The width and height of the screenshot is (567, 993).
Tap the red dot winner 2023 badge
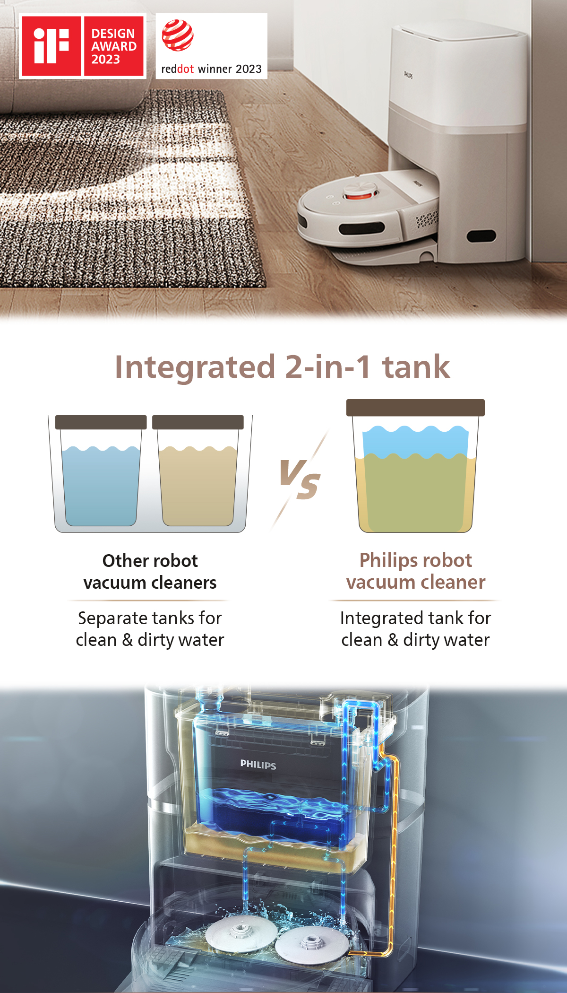(211, 46)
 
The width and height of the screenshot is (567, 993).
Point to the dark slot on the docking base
(481, 235)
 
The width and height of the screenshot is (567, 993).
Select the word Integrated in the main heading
(195, 367)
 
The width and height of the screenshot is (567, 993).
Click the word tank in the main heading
(416, 367)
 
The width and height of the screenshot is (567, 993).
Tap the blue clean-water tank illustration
(101, 485)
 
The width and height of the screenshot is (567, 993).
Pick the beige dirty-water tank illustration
(198, 485)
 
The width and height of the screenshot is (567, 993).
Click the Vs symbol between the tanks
(300, 479)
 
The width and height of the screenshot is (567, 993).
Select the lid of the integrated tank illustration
(415, 408)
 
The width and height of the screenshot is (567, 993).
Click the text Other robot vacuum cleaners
(150, 572)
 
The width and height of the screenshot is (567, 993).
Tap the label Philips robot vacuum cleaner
(415, 571)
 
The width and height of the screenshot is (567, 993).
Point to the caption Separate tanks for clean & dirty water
(150, 629)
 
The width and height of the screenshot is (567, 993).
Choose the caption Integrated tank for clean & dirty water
(415, 629)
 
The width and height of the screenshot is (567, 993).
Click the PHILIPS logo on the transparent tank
(258, 765)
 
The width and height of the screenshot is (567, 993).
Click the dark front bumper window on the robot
(361, 228)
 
